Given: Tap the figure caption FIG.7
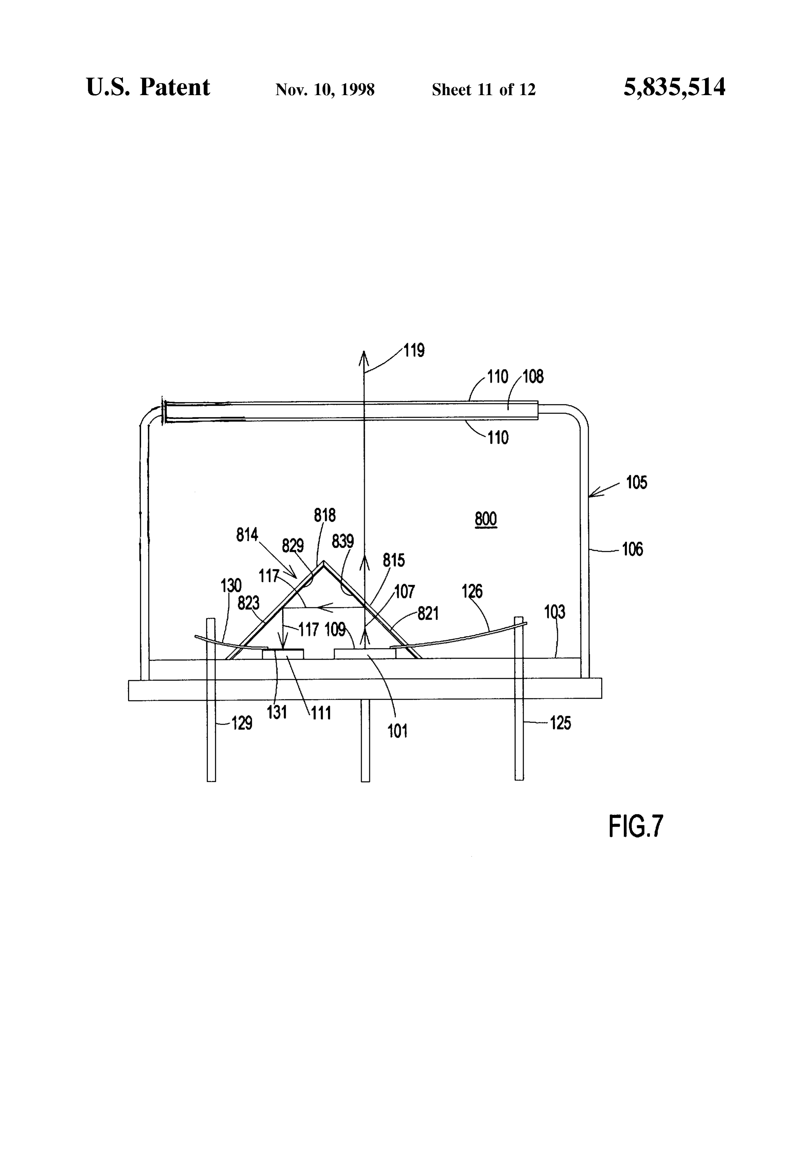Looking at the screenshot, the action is [x=636, y=826].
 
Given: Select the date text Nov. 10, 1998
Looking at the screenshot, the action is [x=325, y=90].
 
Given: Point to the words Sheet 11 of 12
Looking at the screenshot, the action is [x=484, y=90].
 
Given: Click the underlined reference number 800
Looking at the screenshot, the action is [x=485, y=519].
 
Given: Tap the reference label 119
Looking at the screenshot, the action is [x=414, y=350].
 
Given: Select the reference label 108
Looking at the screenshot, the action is [x=533, y=376].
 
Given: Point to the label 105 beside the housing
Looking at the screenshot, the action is [x=637, y=483].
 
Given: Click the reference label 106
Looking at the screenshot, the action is [x=632, y=550].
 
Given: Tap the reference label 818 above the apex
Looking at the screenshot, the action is [x=325, y=515].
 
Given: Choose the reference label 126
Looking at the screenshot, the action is [x=472, y=592].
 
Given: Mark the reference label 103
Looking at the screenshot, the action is [x=554, y=612].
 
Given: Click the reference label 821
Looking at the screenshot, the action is [x=428, y=613].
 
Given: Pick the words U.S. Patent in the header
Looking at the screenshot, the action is [x=148, y=87].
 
